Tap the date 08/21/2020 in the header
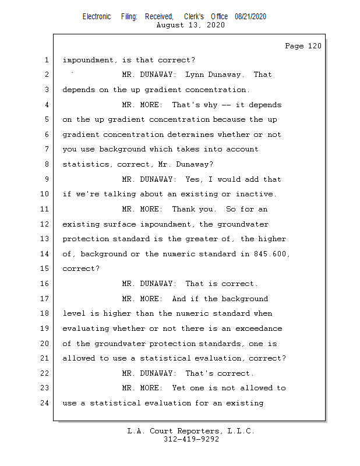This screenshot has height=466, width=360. click(x=250, y=17)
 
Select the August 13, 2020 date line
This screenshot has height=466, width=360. click(x=191, y=25)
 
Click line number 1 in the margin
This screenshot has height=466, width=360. click(x=46, y=60)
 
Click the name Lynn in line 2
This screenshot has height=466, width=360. click(x=196, y=75)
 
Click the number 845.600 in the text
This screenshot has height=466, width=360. click(x=271, y=254)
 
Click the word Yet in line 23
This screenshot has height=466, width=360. click(x=178, y=388)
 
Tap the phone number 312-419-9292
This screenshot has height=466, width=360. click(x=191, y=439)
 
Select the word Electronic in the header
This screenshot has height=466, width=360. click(x=97, y=17)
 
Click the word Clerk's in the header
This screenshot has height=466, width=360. click(x=193, y=17)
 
